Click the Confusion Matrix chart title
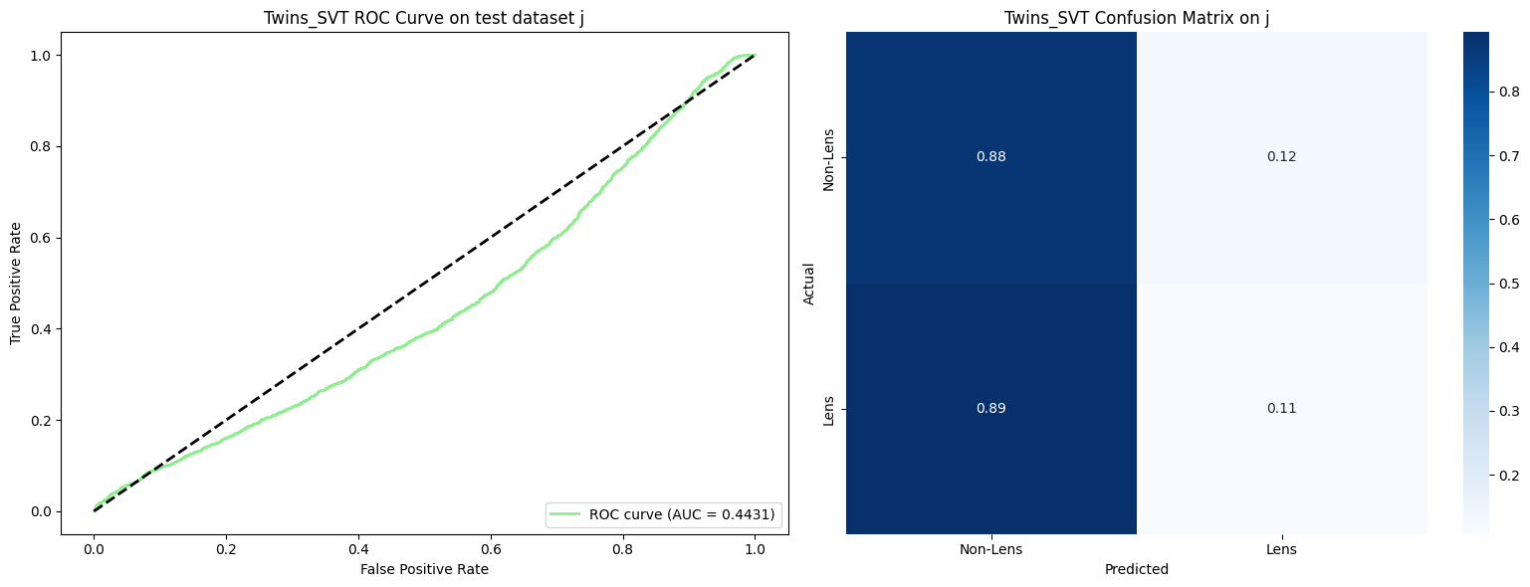pyautogui.click(x=1136, y=18)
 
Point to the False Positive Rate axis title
pyautogui.click(x=425, y=569)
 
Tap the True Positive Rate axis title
pyautogui.click(x=16, y=284)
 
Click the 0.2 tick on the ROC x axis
pyautogui.click(x=226, y=547)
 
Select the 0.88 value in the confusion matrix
pyautogui.click(x=991, y=157)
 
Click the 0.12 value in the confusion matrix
pyautogui.click(x=1281, y=157)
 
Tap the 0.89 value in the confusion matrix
pyautogui.click(x=991, y=409)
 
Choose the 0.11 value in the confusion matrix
pyautogui.click(x=1281, y=409)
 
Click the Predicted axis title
pyautogui.click(x=1136, y=570)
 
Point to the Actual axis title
pyautogui.click(x=809, y=284)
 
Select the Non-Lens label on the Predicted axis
pyautogui.click(x=991, y=549)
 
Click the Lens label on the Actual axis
pyautogui.click(x=828, y=409)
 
